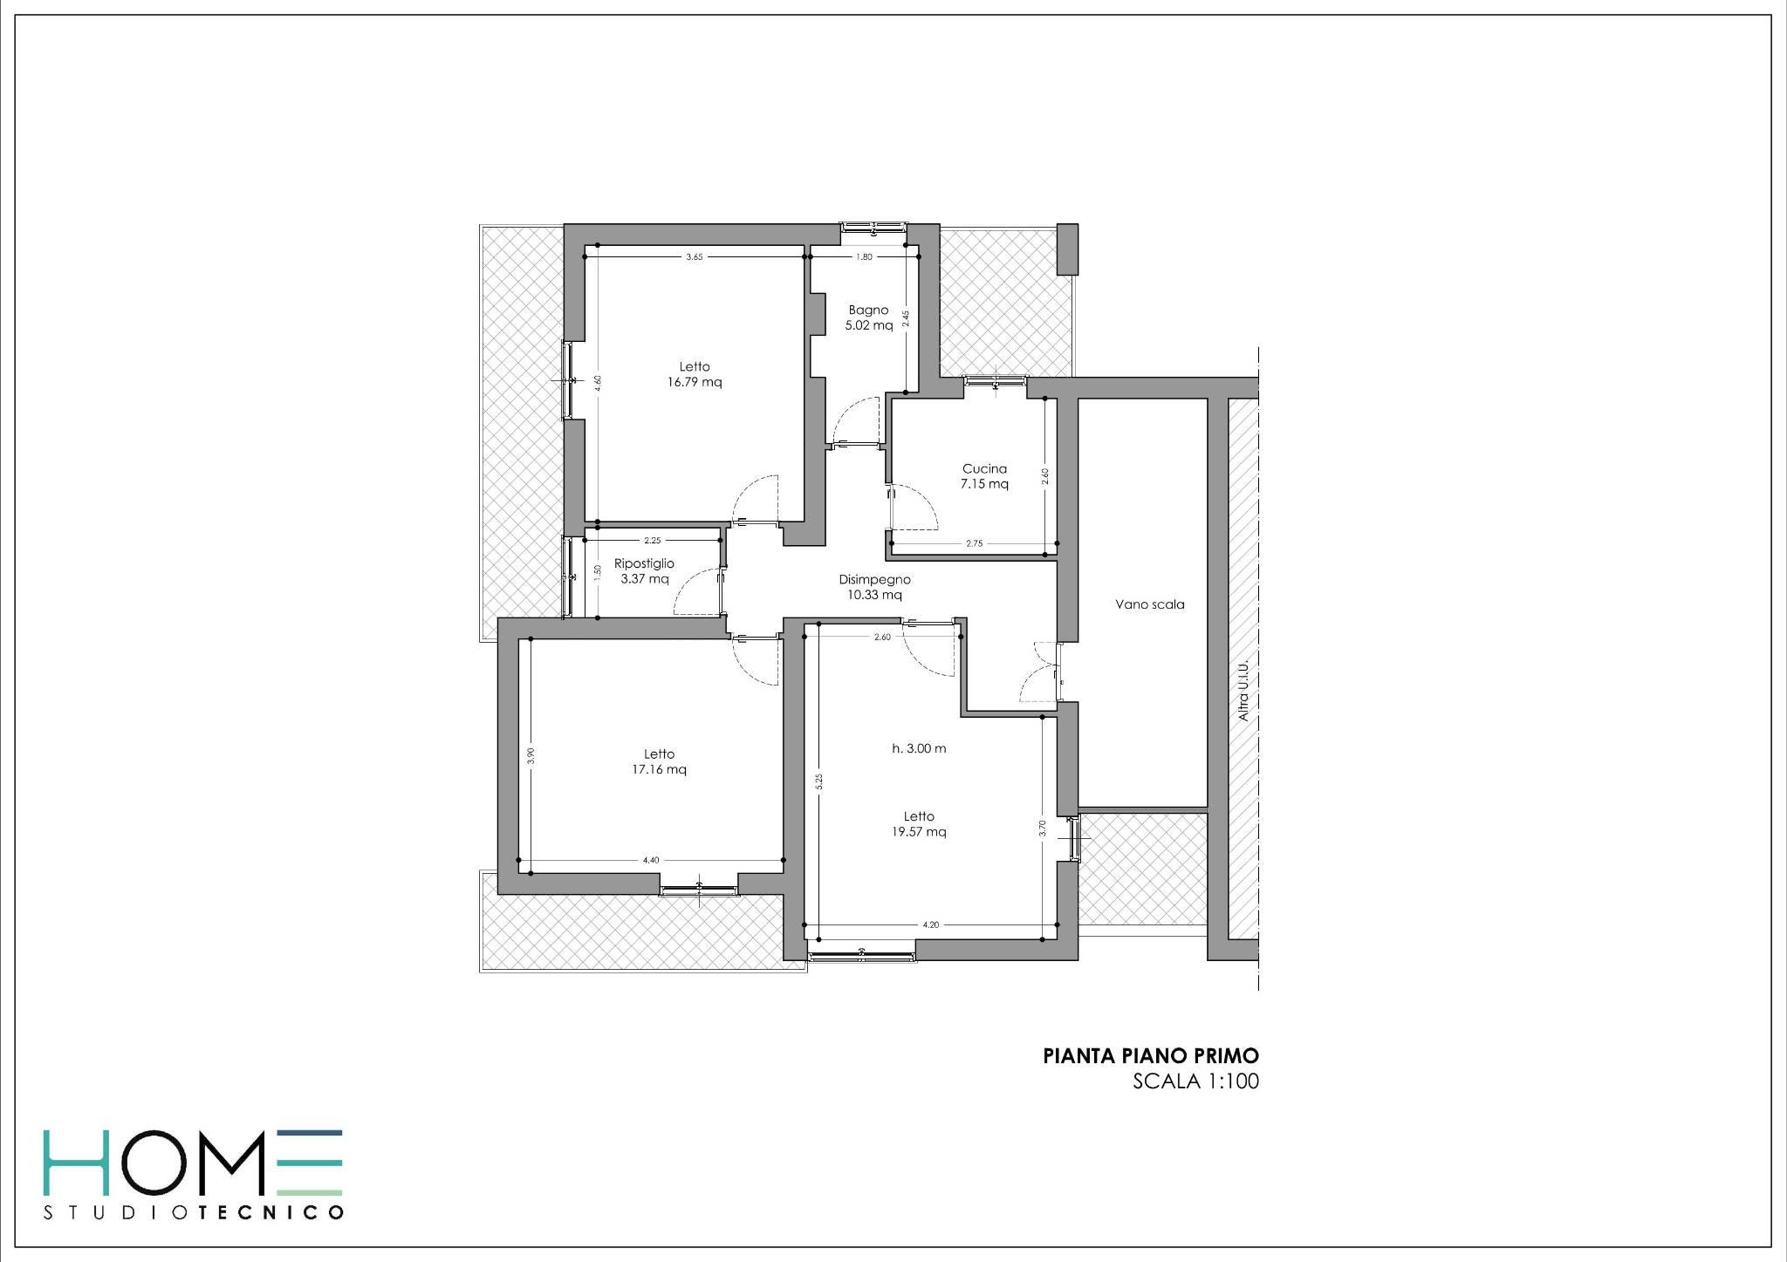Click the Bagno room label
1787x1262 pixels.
[x=868, y=310]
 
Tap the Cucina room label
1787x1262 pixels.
[x=984, y=468]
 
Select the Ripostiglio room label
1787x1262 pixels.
[x=644, y=564]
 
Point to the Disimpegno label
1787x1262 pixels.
[x=874, y=579]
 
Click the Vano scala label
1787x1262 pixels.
[x=1149, y=604]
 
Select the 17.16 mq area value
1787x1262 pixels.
[x=659, y=769]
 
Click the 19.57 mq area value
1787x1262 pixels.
[x=919, y=832]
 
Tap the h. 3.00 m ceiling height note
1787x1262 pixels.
[x=919, y=748]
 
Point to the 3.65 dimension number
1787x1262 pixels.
[x=694, y=257]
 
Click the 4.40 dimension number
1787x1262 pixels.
[x=650, y=861]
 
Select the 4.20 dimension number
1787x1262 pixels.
[x=931, y=925]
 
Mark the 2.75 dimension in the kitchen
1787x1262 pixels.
[x=974, y=543]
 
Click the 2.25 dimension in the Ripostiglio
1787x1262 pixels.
[x=652, y=541]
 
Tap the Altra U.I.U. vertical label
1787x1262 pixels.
[x=1244, y=690]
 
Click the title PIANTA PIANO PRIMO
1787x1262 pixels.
[x=1151, y=1056]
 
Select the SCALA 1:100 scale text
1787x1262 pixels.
[x=1195, y=1082]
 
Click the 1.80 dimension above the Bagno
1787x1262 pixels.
[x=864, y=257]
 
